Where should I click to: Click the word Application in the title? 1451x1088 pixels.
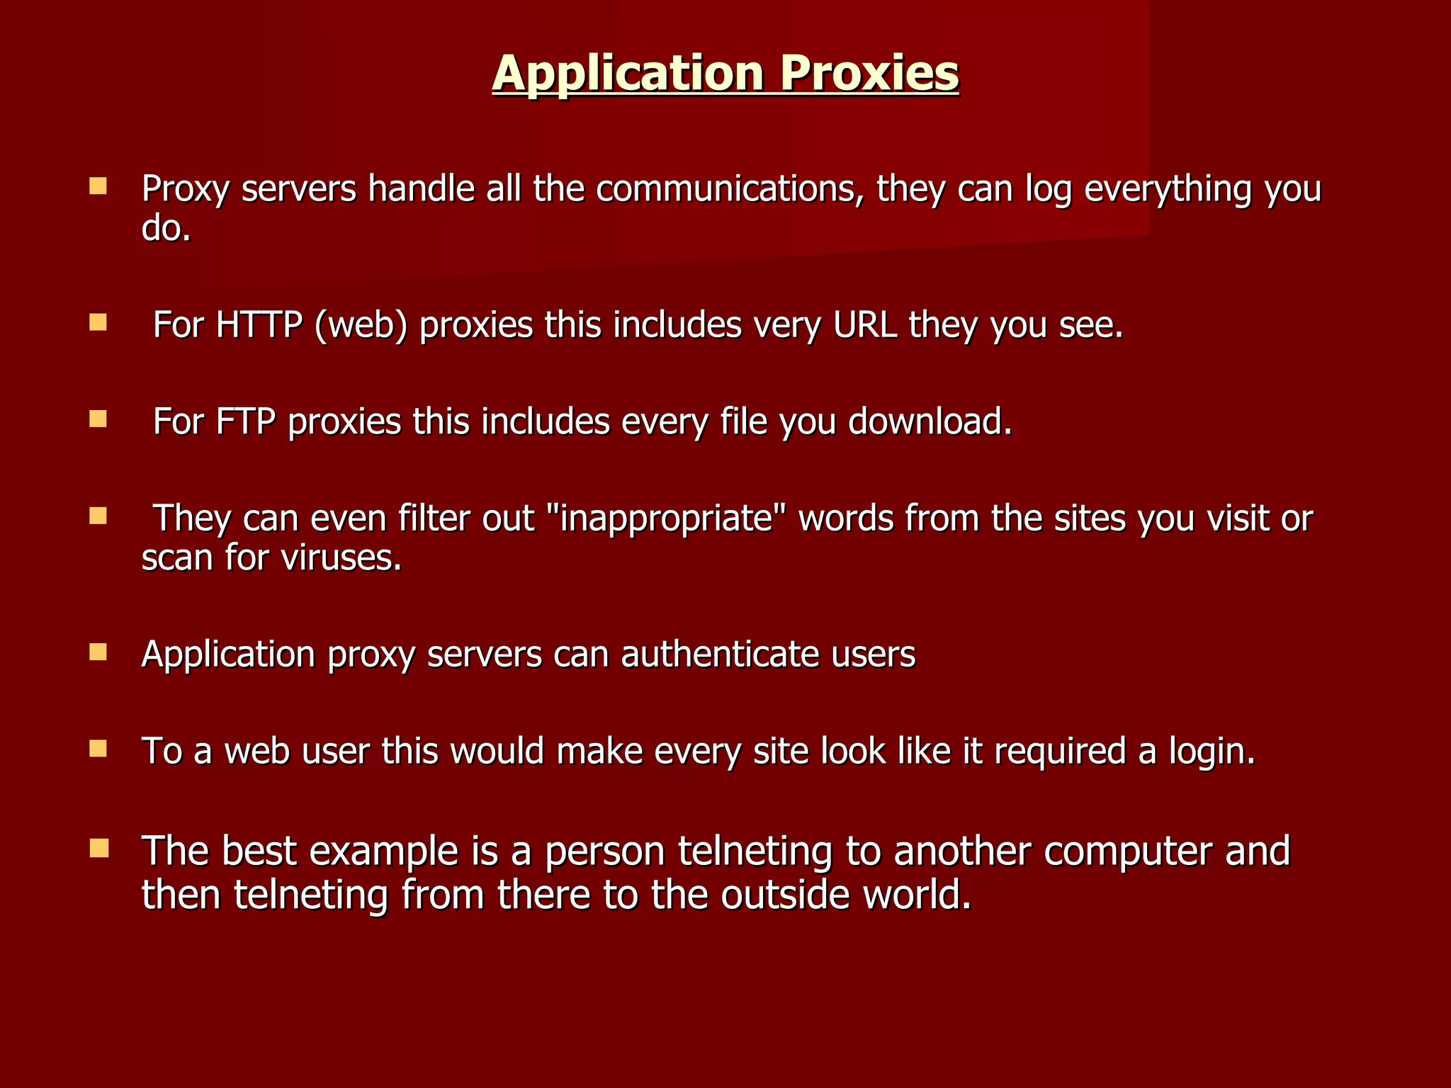click(x=627, y=74)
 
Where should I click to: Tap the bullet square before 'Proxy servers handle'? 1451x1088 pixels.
click(x=98, y=186)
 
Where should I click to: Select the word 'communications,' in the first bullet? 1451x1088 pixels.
click(x=730, y=190)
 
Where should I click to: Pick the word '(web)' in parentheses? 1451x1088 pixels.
click(x=361, y=326)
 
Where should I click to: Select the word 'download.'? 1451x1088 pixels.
click(x=930, y=422)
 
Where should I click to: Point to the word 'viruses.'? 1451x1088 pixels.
click(x=341, y=558)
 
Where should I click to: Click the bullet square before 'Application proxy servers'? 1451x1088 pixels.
click(x=98, y=652)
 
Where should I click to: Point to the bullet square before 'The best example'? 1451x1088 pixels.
click(x=98, y=848)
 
